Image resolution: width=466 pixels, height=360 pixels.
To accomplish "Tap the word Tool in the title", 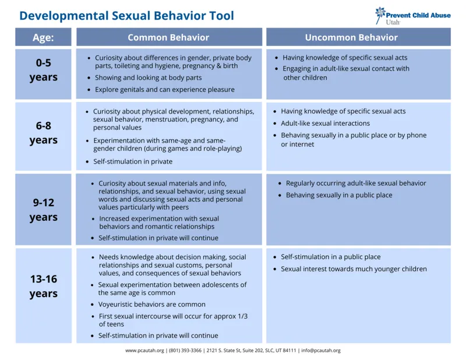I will (x=221, y=15).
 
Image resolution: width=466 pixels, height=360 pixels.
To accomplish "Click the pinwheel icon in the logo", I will (x=380, y=13).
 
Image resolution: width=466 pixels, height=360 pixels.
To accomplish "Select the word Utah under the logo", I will (x=393, y=22).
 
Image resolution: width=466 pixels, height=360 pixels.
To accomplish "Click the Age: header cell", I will (x=43, y=37).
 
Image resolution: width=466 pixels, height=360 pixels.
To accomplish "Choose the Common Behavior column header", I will (x=168, y=37).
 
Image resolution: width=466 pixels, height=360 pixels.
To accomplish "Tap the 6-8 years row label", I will (x=43, y=133).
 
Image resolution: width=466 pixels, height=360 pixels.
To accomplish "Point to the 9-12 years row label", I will (x=43, y=210).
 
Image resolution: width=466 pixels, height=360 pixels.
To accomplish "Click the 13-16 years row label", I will (x=43, y=286).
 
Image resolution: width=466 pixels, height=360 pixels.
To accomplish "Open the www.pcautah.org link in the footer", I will (x=145, y=351).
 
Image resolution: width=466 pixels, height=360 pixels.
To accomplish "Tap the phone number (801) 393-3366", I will (x=185, y=351).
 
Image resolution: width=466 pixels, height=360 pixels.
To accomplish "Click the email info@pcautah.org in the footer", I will (x=321, y=351).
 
